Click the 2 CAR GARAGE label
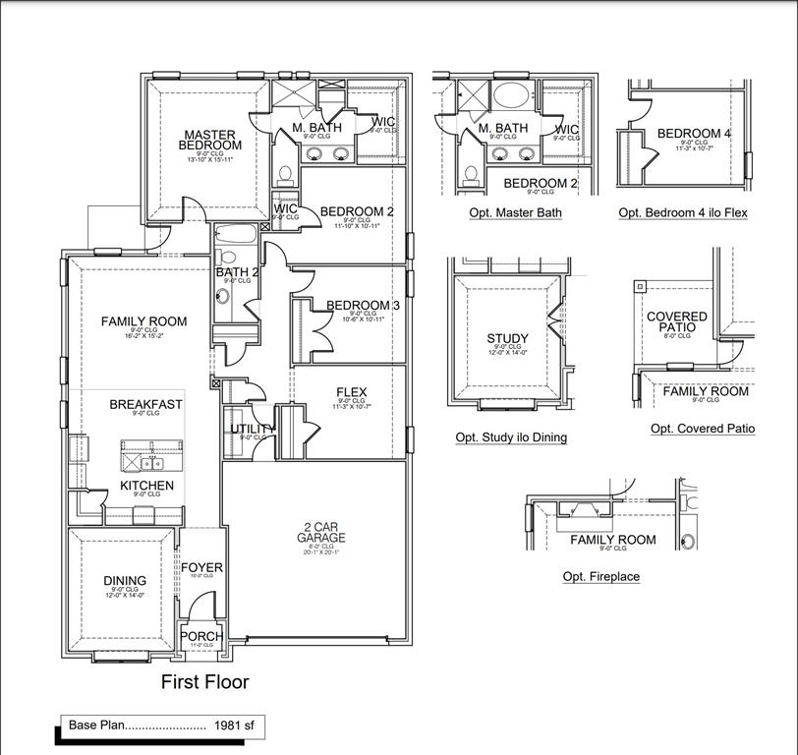(x=321, y=533)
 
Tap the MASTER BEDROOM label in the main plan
(x=209, y=141)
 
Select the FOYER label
(x=201, y=568)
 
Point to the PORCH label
(x=200, y=636)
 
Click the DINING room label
(x=125, y=581)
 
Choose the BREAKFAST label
(x=145, y=404)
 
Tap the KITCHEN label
(x=146, y=486)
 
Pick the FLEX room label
(x=351, y=392)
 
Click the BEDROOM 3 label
(x=363, y=306)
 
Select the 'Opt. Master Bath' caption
(x=515, y=212)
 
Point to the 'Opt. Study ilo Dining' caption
(x=510, y=437)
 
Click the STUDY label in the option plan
(x=507, y=339)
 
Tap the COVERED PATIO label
(x=676, y=321)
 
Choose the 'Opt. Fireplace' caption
(x=600, y=577)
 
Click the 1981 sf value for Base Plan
(x=234, y=726)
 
